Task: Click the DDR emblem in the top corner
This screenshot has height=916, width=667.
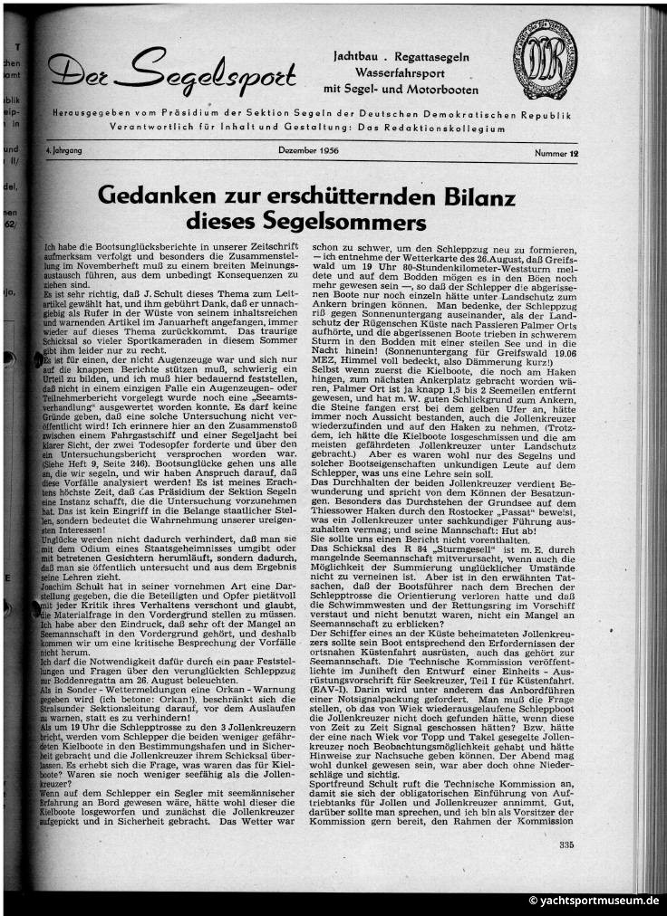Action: click(x=545, y=61)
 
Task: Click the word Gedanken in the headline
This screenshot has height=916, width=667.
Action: click(x=156, y=196)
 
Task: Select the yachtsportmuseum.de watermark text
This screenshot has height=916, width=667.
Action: click(x=594, y=902)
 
